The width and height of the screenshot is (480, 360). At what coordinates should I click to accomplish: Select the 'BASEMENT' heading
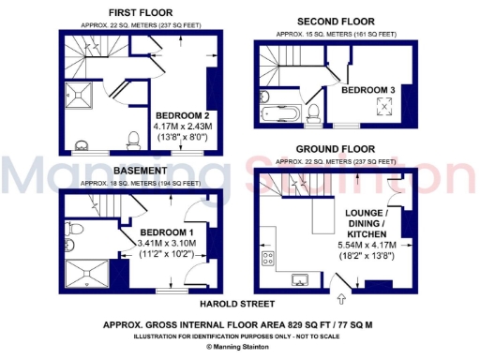tap(142, 171)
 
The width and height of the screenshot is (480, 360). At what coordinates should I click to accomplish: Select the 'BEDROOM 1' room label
tap(167, 232)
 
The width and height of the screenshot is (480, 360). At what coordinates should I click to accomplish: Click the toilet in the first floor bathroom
tap(134, 141)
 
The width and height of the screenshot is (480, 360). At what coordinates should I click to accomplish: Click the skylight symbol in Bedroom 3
tap(383, 107)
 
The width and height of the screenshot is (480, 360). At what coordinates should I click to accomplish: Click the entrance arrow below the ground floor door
tap(339, 300)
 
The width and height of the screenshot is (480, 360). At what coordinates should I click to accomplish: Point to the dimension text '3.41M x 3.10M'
tap(167, 243)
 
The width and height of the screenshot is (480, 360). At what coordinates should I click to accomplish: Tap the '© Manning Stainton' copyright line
tap(239, 346)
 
